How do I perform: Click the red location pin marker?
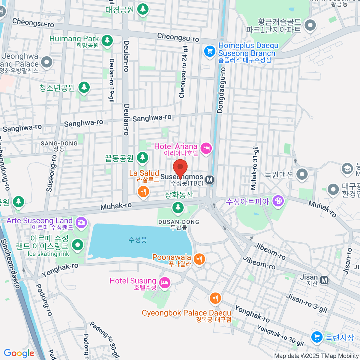tap(180, 168)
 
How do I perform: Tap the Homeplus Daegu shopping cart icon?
tap(210, 51)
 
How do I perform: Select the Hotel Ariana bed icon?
tap(206, 148)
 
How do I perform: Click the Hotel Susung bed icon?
tap(165, 282)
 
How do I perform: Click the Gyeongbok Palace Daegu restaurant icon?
tap(215, 298)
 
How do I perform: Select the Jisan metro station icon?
tap(324, 280)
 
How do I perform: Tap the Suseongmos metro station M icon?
tap(210, 180)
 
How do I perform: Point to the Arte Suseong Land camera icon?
tap(81, 222)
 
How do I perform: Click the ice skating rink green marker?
tap(78, 245)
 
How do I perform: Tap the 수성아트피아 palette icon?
tap(278, 201)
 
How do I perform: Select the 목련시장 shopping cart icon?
tap(317, 337)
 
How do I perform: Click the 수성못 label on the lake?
tap(138, 240)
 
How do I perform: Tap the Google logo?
tap(19, 353)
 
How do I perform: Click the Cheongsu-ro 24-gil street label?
tap(183, 72)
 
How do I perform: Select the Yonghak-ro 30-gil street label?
tap(280, 335)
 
